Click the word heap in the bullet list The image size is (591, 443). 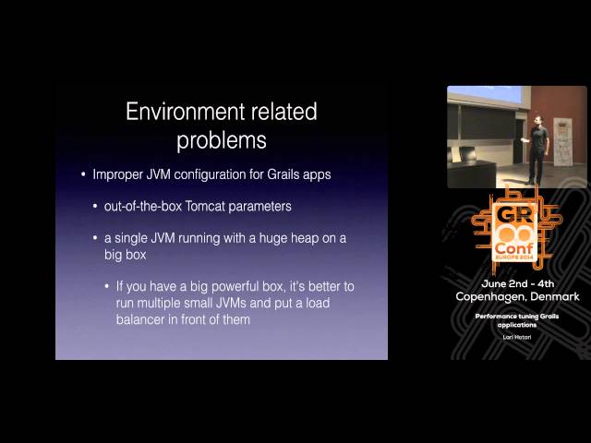tap(283, 239)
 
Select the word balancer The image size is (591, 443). tap(145, 318)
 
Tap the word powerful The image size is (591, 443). tap(227, 286)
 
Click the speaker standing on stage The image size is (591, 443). tap(538, 150)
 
